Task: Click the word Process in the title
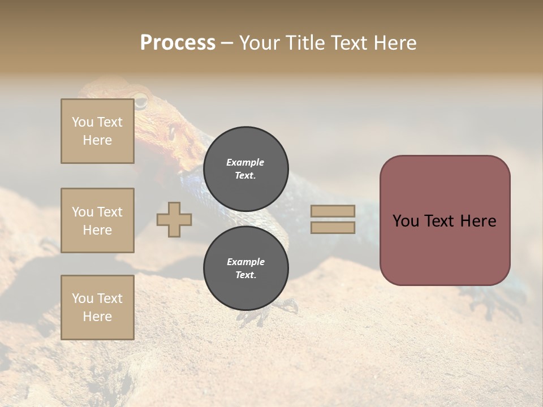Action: [x=178, y=43]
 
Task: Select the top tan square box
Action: [x=97, y=131]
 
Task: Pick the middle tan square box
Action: [x=97, y=220]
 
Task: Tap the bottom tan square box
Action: [x=97, y=308]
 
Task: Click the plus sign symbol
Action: [x=174, y=219]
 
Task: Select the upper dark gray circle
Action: [x=245, y=168]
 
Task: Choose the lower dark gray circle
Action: [x=245, y=268]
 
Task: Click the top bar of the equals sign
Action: [x=333, y=211]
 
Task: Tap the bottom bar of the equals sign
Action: [x=333, y=227]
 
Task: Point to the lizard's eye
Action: [x=140, y=102]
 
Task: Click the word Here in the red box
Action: [x=478, y=221]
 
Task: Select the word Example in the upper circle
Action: [x=245, y=162]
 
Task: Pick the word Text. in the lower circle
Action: [x=245, y=275]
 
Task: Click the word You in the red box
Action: [x=406, y=221]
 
